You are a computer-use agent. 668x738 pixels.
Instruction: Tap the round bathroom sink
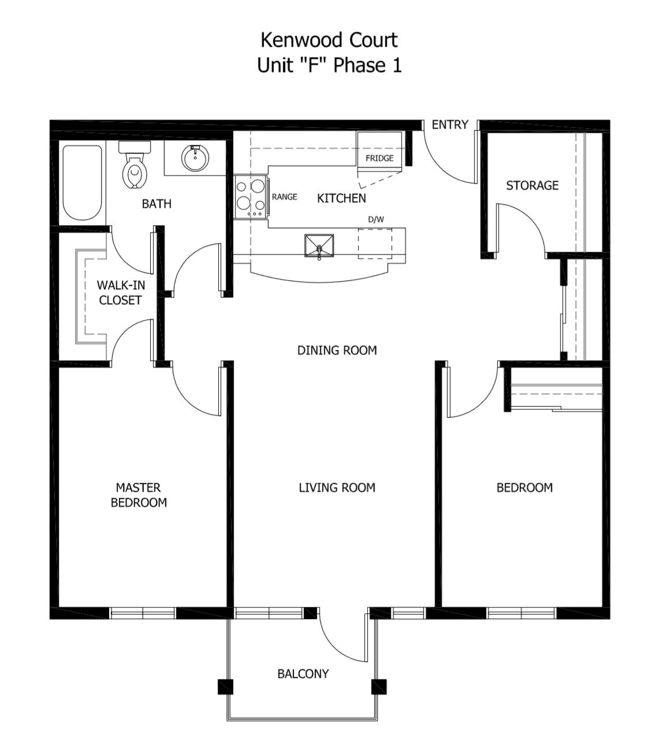[194, 157]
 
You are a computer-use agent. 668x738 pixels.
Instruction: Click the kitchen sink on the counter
[319, 245]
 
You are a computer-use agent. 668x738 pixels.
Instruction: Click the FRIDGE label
[379, 158]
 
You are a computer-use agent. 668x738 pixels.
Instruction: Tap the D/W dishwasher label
[376, 219]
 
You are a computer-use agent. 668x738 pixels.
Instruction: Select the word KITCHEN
[341, 198]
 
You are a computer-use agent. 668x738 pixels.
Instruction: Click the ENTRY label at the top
[450, 124]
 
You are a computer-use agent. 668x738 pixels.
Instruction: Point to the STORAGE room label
[532, 185]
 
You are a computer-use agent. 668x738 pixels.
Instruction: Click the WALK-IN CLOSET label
[120, 292]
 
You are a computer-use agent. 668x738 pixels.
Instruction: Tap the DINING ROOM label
[337, 350]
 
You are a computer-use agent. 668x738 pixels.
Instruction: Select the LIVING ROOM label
[337, 487]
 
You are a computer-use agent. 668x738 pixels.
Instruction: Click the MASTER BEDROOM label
[139, 495]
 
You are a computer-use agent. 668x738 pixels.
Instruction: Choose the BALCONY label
[303, 673]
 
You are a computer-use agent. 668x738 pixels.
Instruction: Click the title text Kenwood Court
[329, 40]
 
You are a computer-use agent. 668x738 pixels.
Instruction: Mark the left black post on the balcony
[225, 686]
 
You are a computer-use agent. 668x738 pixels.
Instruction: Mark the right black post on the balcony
[379, 686]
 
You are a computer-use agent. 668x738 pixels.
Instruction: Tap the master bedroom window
[143, 613]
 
